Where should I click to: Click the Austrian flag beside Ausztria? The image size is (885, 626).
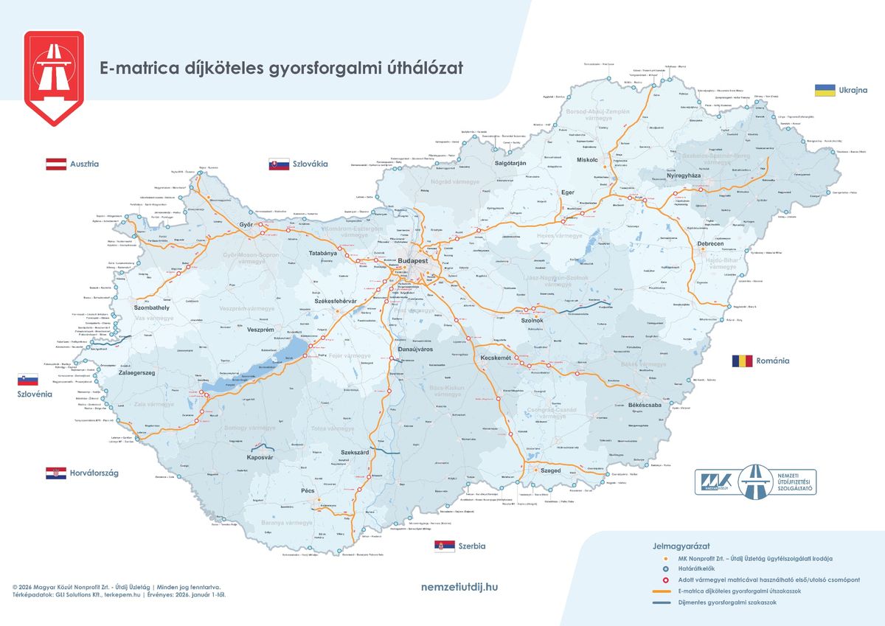(x=57, y=164)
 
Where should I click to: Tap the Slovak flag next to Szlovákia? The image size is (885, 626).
(x=279, y=164)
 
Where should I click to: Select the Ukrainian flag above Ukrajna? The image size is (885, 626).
(x=825, y=90)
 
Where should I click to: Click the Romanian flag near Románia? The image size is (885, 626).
(x=742, y=361)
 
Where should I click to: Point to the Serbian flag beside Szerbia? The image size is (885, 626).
(x=444, y=546)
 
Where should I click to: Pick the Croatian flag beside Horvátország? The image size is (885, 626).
(x=56, y=473)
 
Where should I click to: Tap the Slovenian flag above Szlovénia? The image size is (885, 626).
(x=27, y=379)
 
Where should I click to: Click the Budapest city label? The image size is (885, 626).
(x=412, y=262)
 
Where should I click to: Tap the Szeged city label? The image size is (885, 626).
(x=550, y=470)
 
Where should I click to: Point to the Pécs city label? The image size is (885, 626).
(x=308, y=490)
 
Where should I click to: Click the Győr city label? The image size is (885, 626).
(x=246, y=224)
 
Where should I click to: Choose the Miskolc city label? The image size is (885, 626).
(x=587, y=159)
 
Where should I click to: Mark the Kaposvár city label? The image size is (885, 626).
(x=260, y=458)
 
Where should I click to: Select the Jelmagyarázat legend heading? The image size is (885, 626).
(x=681, y=546)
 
